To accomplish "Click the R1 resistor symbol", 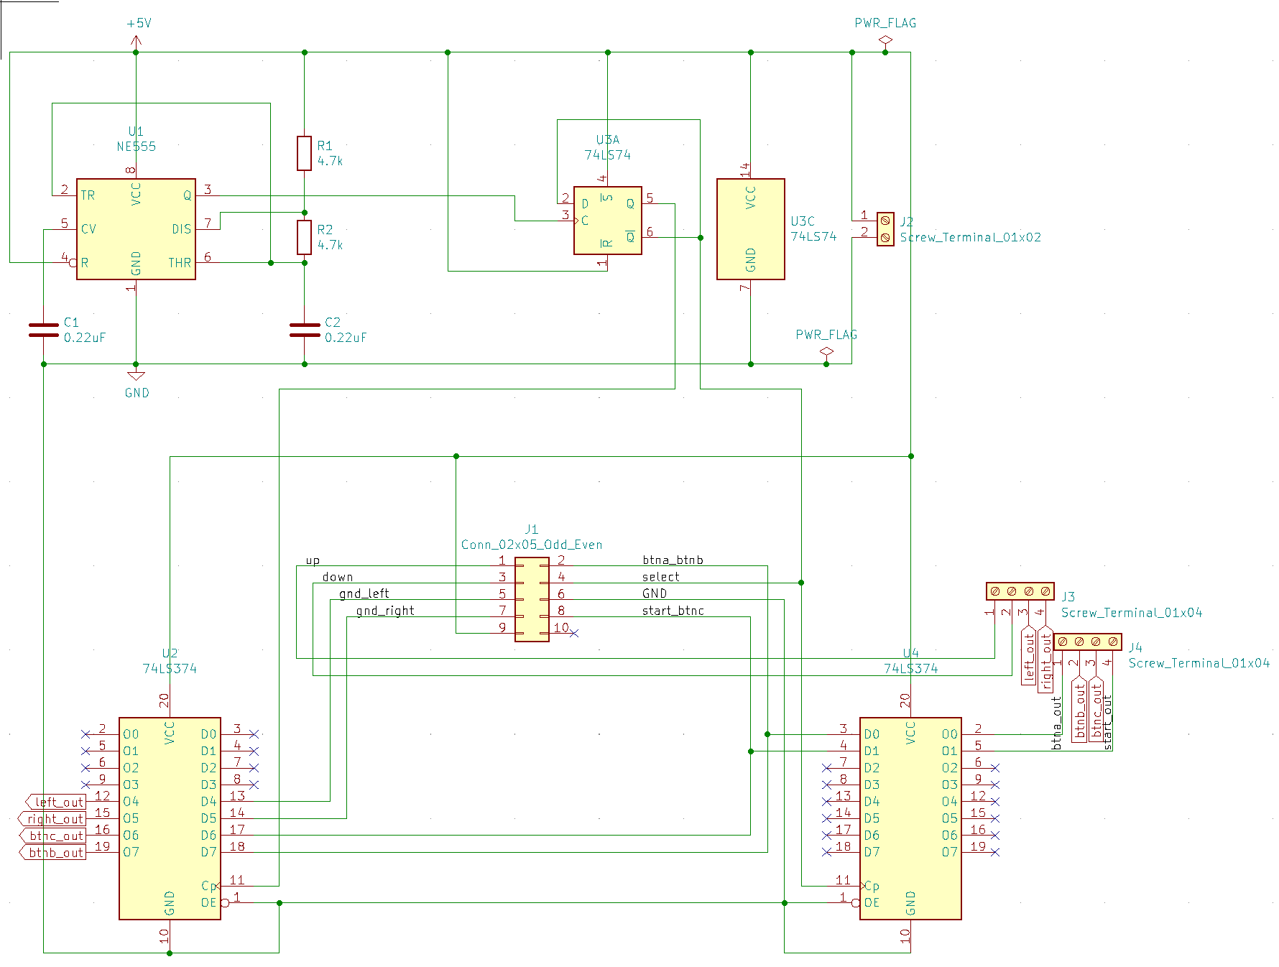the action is tap(304, 153).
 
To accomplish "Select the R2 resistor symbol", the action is tap(304, 237).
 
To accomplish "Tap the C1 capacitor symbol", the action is tap(44, 330).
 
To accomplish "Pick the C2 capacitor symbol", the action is tap(305, 330).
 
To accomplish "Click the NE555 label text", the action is tap(137, 147).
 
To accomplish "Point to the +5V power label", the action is tap(139, 23).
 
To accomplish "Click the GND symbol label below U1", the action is tap(137, 393).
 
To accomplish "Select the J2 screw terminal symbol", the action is tap(885, 228).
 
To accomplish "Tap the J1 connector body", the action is tap(532, 599).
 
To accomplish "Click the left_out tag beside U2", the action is tap(56, 802).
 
